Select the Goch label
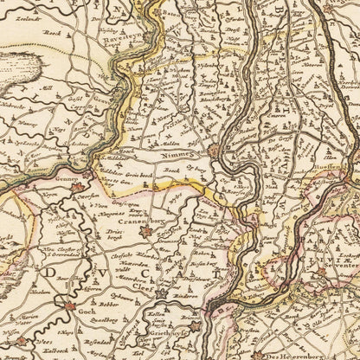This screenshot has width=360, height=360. [x=85, y=319]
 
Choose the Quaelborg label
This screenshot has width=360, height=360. [x=96, y=329]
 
